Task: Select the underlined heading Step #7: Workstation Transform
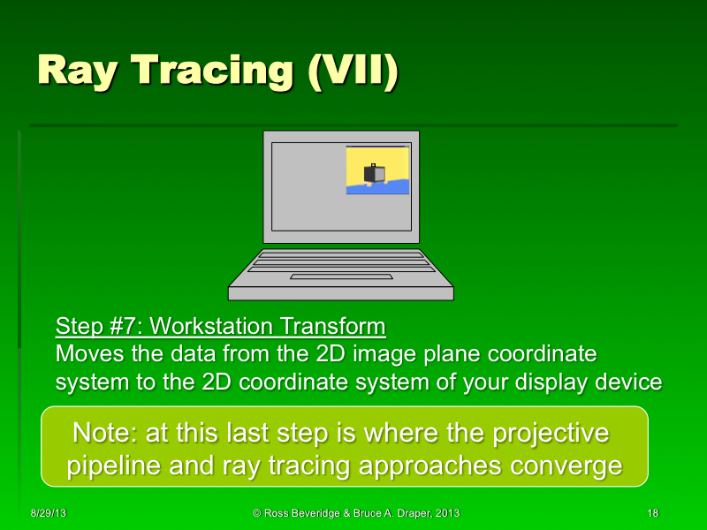[220, 326]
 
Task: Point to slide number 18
[653, 513]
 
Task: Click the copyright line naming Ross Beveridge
[355, 513]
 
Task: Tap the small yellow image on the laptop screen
[377, 170]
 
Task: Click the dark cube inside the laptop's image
[374, 173]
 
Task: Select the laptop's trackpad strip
[341, 276]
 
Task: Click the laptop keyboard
[340, 261]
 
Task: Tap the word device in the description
[629, 382]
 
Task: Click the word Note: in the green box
[106, 433]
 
